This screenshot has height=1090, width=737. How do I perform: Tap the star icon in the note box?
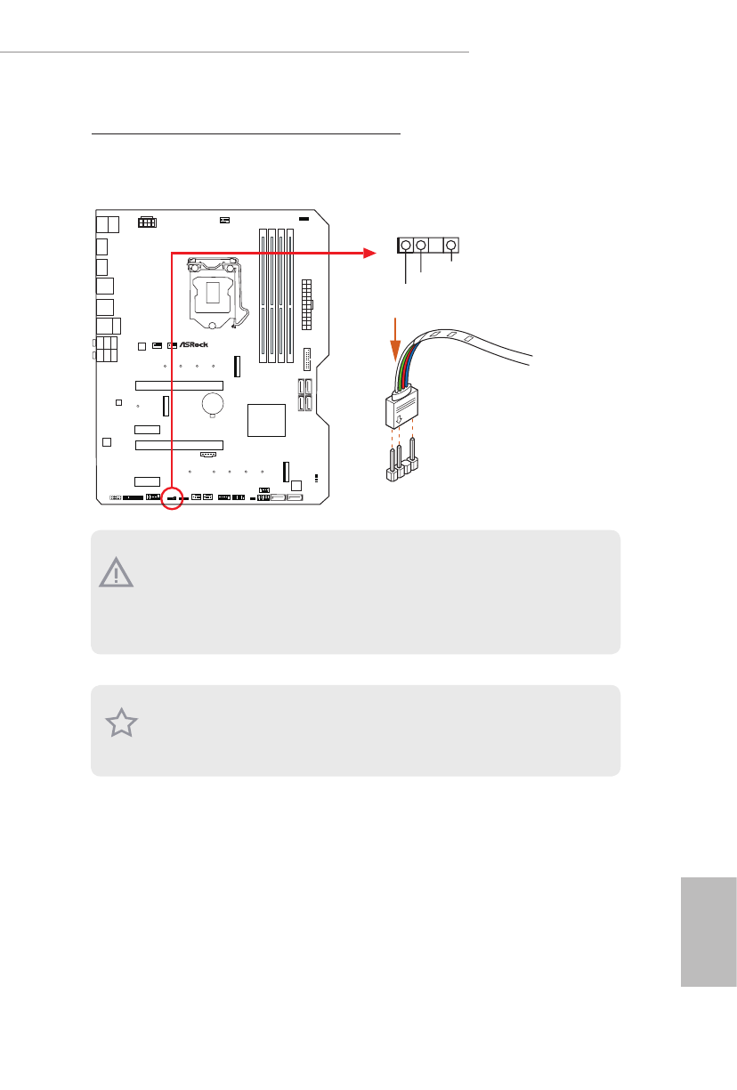tap(122, 723)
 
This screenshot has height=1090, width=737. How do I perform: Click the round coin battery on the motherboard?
tap(213, 405)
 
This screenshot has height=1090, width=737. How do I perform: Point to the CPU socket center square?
tap(213, 293)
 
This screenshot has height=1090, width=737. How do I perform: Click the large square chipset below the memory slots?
tap(267, 419)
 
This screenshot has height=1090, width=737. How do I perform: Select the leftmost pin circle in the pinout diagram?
tap(406, 246)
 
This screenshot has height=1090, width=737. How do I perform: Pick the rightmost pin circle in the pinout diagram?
tap(452, 246)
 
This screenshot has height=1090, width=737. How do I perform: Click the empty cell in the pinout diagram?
tap(437, 246)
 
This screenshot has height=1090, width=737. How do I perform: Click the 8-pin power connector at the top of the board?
tap(147, 221)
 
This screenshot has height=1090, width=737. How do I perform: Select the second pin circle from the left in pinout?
tap(421, 246)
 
